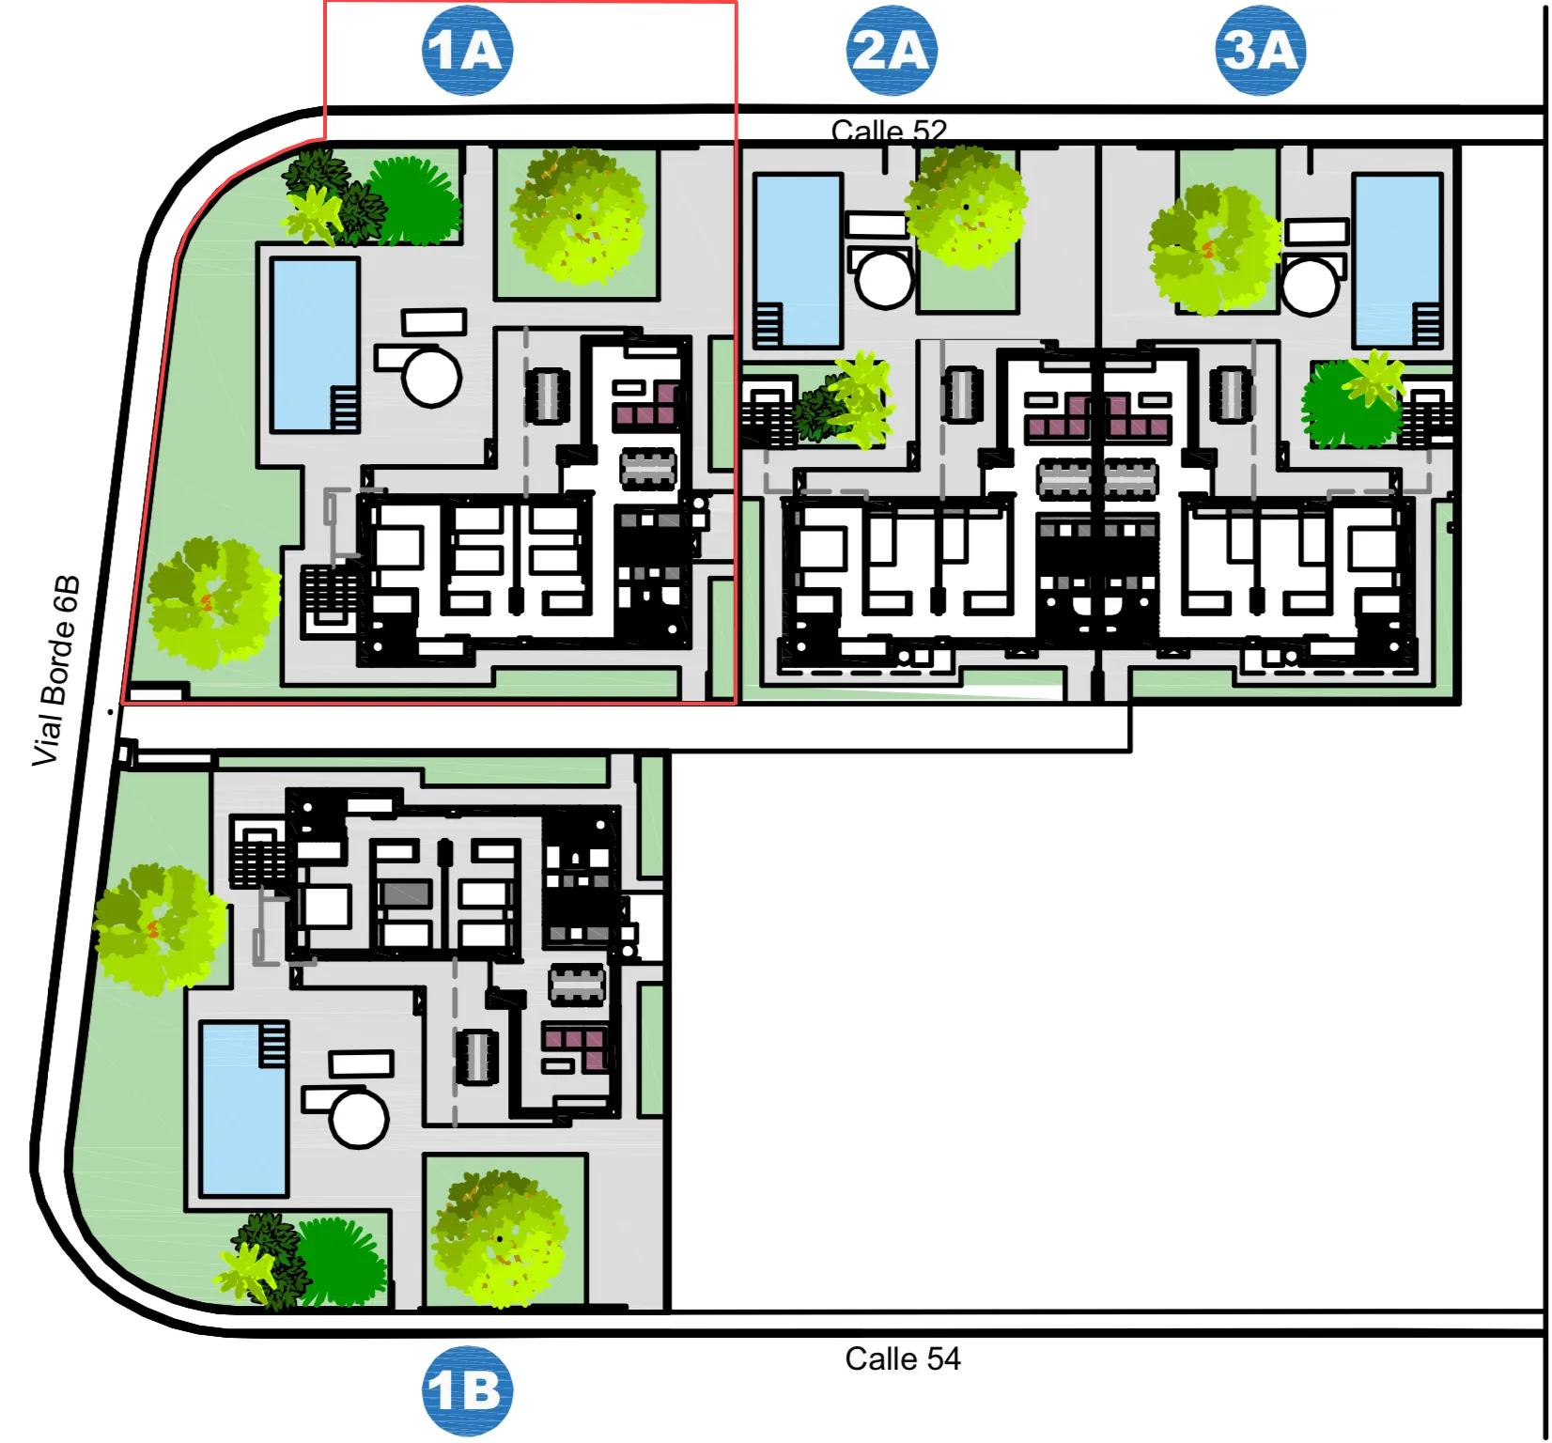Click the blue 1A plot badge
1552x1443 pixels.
(x=468, y=50)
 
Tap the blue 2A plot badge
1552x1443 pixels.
(x=892, y=50)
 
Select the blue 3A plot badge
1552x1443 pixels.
(x=1261, y=50)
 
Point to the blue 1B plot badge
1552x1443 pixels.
(x=468, y=1391)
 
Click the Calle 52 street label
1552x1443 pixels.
(x=889, y=132)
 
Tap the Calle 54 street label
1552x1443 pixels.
(x=903, y=1358)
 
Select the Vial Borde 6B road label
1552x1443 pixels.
(x=56, y=671)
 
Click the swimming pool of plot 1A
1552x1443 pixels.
(x=315, y=345)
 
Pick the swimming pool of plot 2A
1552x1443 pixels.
(x=798, y=261)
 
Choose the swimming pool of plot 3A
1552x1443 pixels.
(x=1398, y=261)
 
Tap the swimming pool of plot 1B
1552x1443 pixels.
(x=244, y=1109)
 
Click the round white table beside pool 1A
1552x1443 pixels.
(x=431, y=377)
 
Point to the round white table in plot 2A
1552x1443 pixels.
(x=884, y=279)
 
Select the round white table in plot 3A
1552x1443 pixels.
(x=1311, y=286)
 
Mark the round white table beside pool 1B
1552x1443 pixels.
(x=359, y=1118)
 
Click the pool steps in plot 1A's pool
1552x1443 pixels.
(x=345, y=408)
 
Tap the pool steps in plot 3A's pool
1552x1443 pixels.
(x=1428, y=325)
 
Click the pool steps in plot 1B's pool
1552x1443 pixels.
(x=273, y=1046)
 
